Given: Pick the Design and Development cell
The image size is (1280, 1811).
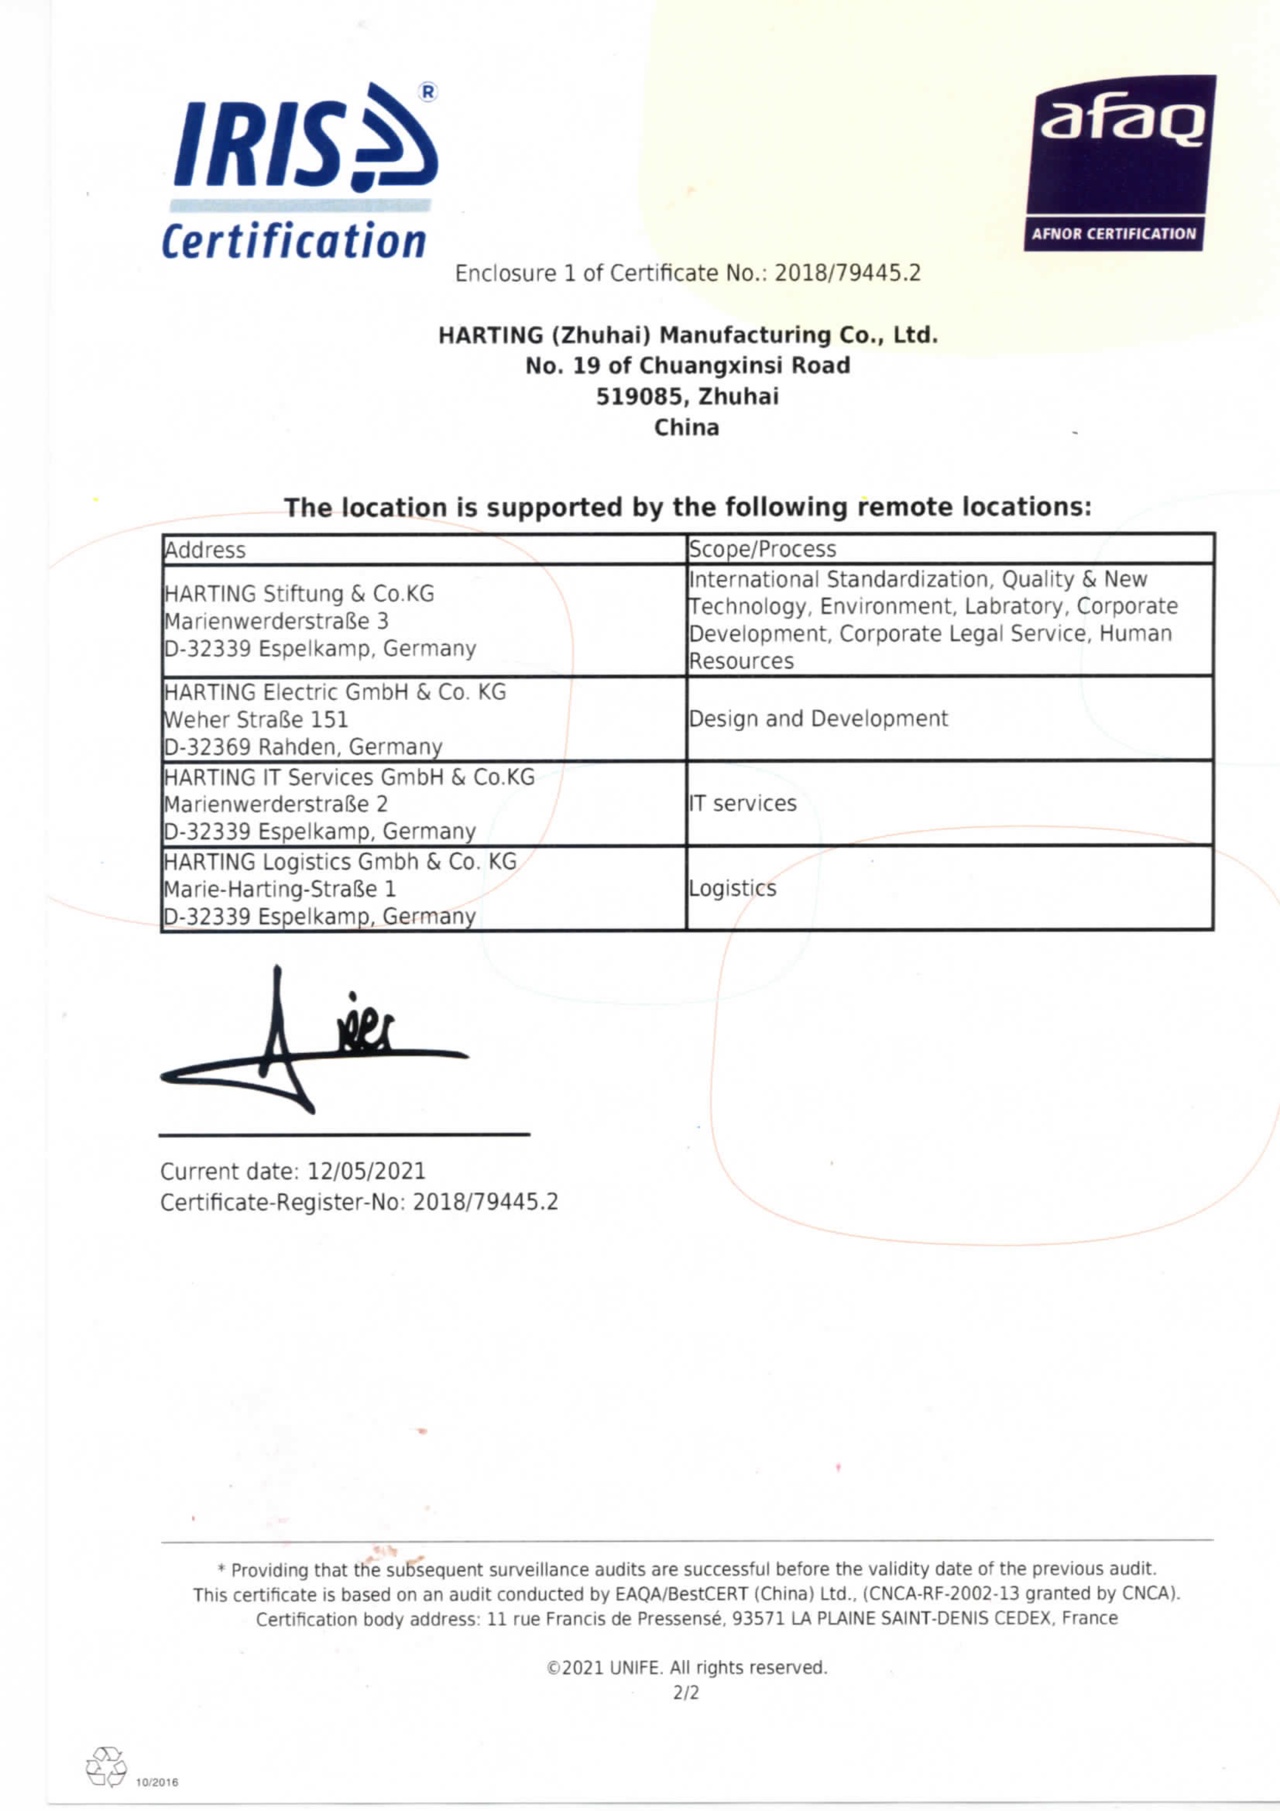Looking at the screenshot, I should pos(818,719).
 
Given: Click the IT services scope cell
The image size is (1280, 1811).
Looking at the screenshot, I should pos(743,803).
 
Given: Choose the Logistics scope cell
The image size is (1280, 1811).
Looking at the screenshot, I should pos(733,888).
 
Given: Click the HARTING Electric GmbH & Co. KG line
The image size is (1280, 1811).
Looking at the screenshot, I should pos(335,692).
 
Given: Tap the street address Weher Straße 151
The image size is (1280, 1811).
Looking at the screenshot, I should pos(256,719).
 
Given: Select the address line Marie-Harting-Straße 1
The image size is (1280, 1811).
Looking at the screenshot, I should pos(279,889).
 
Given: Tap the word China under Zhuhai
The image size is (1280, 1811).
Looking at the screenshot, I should pos(686,427).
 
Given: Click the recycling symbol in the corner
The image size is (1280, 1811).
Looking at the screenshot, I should pos(106,1766).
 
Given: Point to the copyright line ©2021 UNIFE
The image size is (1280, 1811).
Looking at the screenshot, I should pos(686,1667).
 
